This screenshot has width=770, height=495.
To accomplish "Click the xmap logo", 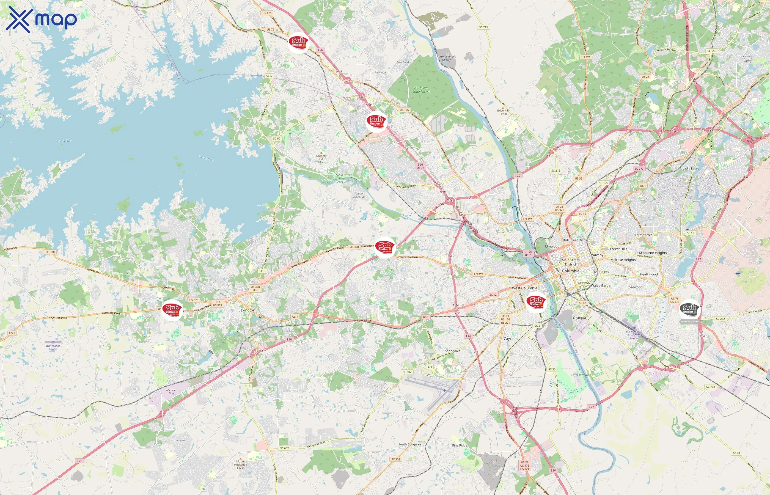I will tap(41, 19).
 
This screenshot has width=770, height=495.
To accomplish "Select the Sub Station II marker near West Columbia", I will tap(536, 302).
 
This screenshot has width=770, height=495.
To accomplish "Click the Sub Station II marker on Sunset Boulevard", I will tap(385, 247).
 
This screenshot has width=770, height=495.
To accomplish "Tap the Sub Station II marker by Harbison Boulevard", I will tap(376, 122).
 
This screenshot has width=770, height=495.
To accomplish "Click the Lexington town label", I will tap(247, 310).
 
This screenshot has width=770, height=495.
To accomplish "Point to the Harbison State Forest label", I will tap(421, 90).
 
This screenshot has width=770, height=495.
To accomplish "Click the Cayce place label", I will tap(508, 339).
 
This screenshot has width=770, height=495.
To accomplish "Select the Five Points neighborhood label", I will tap(600, 272).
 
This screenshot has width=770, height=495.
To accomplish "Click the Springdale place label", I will tap(452, 351).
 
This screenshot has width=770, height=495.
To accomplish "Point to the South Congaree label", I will tap(410, 444).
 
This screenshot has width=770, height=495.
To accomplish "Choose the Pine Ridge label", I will tap(460, 445).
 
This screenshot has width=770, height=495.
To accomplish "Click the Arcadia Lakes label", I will tap(689, 168).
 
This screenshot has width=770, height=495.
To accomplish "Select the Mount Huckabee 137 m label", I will tap(240, 464).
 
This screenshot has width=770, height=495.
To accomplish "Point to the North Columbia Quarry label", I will tap(446, 58).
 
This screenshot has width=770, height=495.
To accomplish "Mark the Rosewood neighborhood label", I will tap(634, 287).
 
